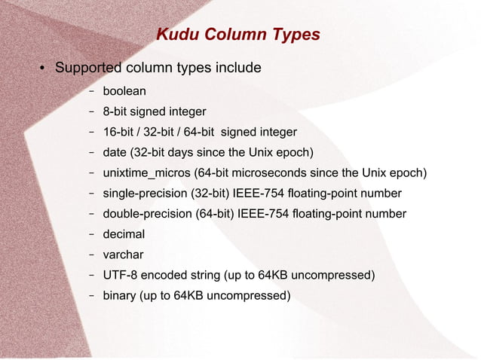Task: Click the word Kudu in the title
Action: click(173, 35)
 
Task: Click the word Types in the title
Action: click(292, 35)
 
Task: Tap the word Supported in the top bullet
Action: click(89, 68)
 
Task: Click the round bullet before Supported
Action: click(44, 69)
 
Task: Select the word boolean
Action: click(124, 91)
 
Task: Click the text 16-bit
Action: click(120, 133)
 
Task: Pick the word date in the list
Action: click(115, 153)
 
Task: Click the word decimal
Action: click(124, 234)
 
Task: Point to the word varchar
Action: click(123, 255)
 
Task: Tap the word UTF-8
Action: click(119, 275)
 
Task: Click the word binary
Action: click(120, 295)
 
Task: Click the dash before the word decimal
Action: click(90, 234)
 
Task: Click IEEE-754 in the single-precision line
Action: click(257, 194)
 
